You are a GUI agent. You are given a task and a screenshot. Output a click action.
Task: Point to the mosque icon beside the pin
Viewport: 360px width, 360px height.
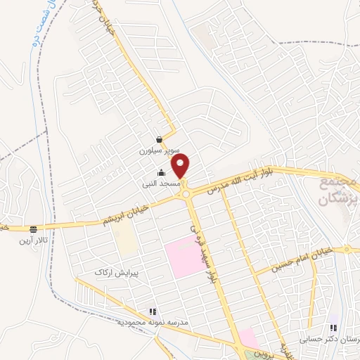point(161,173)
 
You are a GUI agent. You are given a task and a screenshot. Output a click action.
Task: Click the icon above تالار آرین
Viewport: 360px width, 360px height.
point(33,229)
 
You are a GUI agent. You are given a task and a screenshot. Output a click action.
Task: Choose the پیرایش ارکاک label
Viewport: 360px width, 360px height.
point(116,271)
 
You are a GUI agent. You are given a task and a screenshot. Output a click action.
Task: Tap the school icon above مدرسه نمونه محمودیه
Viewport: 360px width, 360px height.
point(152,311)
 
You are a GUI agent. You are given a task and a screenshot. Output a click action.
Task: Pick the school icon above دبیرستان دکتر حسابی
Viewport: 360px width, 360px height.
point(333,328)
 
